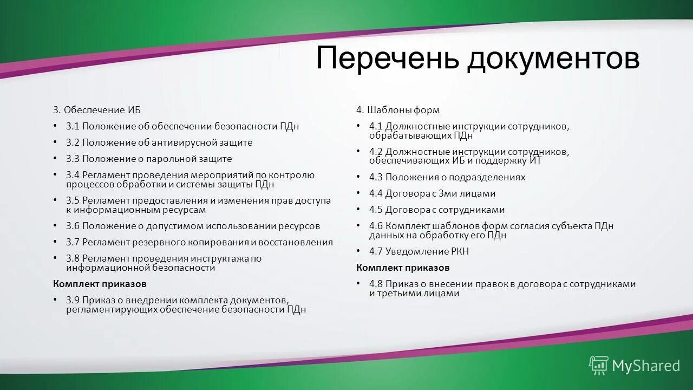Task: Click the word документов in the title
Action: [553, 58]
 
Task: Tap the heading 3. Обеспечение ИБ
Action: [96, 110]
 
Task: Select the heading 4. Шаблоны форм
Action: [397, 110]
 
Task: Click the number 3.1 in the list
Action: [73, 126]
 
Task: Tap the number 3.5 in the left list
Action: [73, 200]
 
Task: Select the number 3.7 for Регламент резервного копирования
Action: [73, 242]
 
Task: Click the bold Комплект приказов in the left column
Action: [100, 284]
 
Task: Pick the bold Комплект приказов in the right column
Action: [403, 268]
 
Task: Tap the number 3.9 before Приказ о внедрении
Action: [73, 300]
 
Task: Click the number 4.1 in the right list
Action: [376, 126]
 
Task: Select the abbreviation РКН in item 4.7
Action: [459, 251]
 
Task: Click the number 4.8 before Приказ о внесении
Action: [376, 284]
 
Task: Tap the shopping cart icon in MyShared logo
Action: [599, 365]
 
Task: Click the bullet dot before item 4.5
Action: [358, 209]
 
